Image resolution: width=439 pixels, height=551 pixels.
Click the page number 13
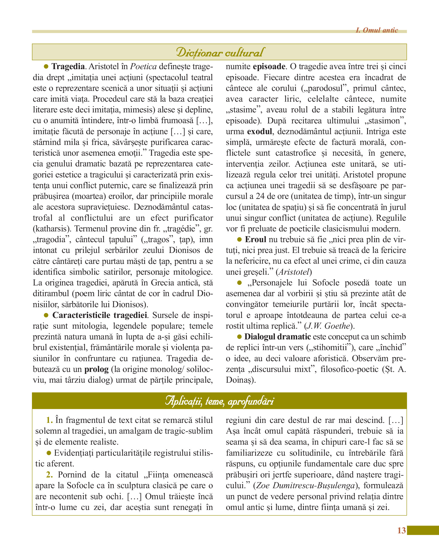(402, 530)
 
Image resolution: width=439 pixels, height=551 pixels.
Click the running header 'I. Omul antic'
(376, 30)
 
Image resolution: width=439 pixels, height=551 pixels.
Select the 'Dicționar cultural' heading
(220, 52)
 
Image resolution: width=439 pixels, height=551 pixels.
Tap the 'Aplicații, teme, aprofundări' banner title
(220, 401)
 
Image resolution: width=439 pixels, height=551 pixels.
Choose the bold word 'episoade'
(269, 67)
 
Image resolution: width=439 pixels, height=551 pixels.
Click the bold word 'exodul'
(260, 131)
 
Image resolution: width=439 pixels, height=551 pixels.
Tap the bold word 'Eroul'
(256, 239)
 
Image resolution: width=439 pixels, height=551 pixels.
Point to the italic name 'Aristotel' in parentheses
(294, 272)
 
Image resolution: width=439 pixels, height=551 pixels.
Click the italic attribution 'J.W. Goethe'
(328, 326)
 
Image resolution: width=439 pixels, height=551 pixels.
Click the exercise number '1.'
(50, 420)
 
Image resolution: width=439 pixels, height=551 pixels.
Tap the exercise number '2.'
(50, 474)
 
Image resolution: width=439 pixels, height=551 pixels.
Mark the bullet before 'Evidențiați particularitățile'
(49, 453)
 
